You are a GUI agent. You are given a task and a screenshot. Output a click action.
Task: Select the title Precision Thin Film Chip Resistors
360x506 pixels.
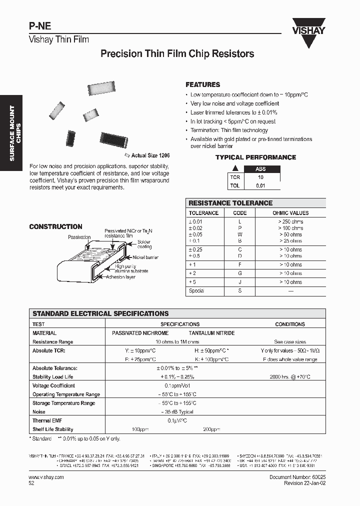(177, 54)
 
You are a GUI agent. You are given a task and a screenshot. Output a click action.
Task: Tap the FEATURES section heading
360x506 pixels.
(202, 85)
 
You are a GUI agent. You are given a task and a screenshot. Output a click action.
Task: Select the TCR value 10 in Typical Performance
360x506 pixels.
(260, 177)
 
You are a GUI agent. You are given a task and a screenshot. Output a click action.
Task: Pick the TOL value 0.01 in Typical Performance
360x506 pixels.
(260, 185)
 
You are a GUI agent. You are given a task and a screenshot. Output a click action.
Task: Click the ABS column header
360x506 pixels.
(260, 169)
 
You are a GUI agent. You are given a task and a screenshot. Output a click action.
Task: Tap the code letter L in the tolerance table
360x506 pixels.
(239, 221)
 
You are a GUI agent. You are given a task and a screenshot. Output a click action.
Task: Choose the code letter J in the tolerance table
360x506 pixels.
(239, 282)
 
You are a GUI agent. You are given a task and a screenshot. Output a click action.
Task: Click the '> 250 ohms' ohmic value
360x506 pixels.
(290, 221)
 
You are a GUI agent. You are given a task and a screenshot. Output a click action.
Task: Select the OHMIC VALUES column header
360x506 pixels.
(290, 213)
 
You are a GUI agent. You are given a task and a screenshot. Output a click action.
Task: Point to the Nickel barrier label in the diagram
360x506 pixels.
(145, 257)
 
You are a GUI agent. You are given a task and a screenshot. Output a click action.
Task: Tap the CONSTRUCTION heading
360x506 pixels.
(55, 226)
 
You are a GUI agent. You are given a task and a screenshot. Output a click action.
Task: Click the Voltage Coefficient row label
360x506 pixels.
(53, 385)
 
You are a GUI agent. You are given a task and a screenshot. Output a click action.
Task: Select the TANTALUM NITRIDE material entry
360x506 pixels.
(211, 333)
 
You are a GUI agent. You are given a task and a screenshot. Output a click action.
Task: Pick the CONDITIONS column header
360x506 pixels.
(289, 324)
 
